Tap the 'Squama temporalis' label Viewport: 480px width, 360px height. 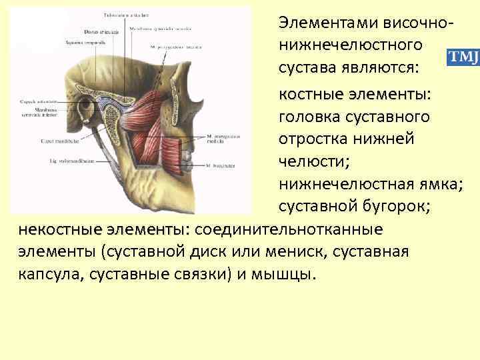click(81, 42)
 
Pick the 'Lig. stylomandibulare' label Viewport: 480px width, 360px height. click(73, 161)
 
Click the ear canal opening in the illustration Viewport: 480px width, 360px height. click(87, 107)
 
